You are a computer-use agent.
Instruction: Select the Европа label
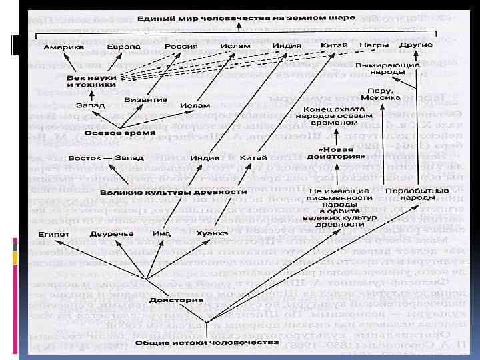(x=125, y=47)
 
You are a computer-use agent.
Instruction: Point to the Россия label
(x=182, y=47)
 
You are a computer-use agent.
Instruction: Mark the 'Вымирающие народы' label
(x=387, y=69)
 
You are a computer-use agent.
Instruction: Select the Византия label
(x=145, y=100)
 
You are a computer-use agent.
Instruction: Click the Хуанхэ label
(x=212, y=233)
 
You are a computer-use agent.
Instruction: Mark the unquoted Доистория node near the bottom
(x=167, y=300)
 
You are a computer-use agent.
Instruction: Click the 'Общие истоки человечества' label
(x=206, y=342)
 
